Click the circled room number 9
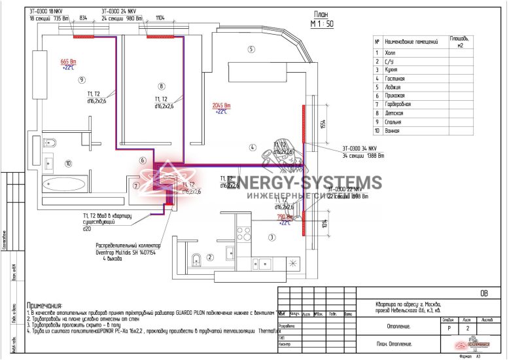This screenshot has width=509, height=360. pos(82,80)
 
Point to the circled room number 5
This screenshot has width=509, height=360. pos(251,49)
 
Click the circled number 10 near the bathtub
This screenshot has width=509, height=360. pos(68,164)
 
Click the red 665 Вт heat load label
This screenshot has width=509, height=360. pos(68,61)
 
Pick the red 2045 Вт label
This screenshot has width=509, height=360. pos(222,105)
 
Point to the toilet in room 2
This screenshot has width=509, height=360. pos(197,263)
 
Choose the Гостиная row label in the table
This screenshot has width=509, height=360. pos(395,78)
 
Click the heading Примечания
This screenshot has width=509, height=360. pos(44,306)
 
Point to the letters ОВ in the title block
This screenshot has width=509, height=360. pos(484,294)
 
